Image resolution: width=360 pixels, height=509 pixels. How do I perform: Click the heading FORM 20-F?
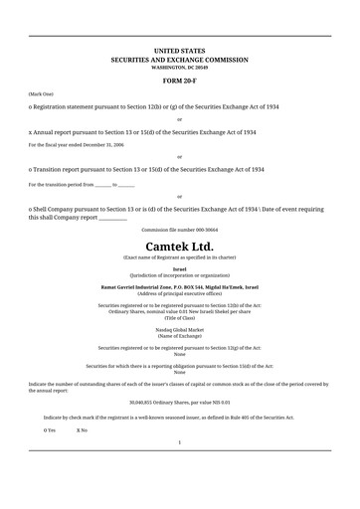click(180, 79)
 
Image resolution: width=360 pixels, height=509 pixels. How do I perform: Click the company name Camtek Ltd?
click(180, 246)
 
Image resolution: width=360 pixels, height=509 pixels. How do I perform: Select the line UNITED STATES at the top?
click(180, 49)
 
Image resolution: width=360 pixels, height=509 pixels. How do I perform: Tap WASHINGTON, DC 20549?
click(180, 67)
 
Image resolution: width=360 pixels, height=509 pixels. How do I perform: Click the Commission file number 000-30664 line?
click(180, 229)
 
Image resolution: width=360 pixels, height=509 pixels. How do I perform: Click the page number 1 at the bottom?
click(180, 469)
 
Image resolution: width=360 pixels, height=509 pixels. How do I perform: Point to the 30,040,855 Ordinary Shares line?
click(180, 403)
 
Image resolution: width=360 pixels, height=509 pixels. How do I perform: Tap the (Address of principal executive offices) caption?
click(180, 293)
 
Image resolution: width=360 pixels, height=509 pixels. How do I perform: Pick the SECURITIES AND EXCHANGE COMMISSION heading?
click(180, 59)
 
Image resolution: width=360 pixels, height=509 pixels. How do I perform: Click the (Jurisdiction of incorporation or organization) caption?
click(180, 275)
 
